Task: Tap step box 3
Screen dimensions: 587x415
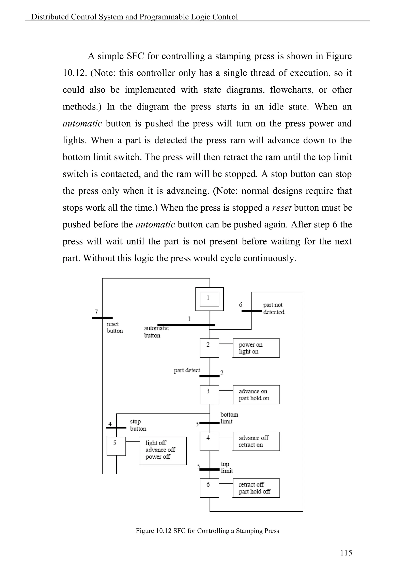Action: [x=209, y=394]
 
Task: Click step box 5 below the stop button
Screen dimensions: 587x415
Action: [x=116, y=446]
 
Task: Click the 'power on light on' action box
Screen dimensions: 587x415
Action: [x=256, y=348]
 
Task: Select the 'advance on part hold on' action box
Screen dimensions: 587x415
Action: [x=256, y=394]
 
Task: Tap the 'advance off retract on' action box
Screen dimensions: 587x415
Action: [x=256, y=441]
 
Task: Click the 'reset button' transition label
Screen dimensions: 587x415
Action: [x=114, y=328]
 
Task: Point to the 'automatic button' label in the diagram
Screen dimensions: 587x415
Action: [x=156, y=332]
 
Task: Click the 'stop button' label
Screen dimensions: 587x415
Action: [x=138, y=425]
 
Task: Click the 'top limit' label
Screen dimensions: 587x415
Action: [x=227, y=467]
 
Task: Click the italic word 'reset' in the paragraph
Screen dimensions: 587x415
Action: [x=282, y=208]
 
